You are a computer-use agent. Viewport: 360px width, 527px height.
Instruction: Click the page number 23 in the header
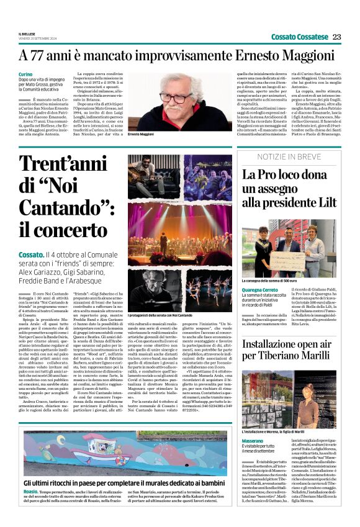pos(337,37)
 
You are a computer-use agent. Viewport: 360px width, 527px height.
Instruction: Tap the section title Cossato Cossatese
pos(300,37)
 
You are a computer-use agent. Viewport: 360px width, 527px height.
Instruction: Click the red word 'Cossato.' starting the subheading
pos(32,254)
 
